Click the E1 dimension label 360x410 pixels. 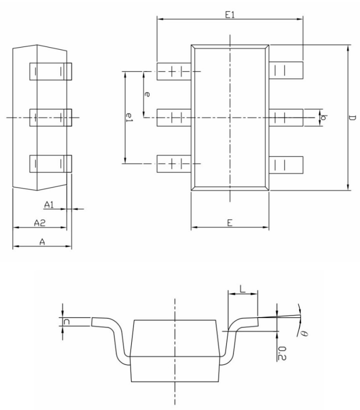(229, 15)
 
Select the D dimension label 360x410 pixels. (352, 118)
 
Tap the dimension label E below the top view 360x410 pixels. (229, 223)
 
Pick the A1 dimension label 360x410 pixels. (49, 204)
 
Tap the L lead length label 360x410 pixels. (242, 289)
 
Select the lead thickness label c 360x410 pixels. (67, 322)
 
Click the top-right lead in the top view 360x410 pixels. (286, 70)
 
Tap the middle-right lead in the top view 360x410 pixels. (286, 117)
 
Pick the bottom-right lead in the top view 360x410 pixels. (286, 164)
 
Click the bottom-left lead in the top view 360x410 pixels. (173, 164)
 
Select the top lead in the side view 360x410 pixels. (51, 71)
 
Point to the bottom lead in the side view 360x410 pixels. (51, 163)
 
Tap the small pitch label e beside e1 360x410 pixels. (146, 93)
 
